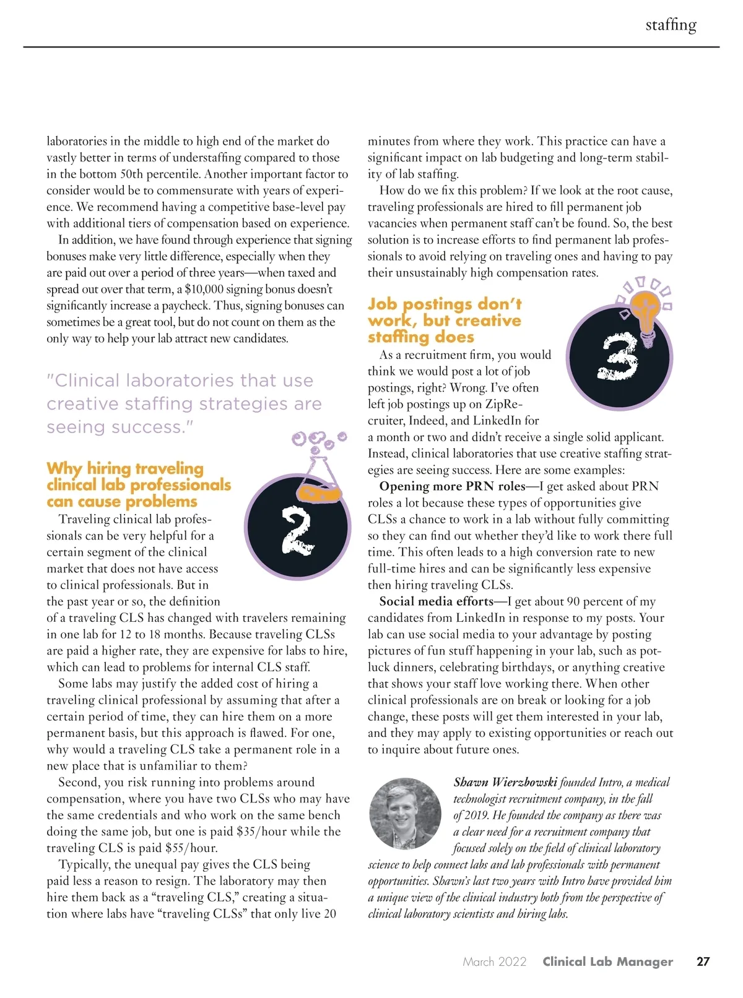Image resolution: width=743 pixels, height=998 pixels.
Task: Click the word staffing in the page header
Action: point(671,25)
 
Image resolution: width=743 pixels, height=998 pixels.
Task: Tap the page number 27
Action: point(703,961)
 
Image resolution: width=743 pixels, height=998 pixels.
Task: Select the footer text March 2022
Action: point(494,961)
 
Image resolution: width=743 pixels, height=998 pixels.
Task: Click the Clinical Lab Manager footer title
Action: point(607,961)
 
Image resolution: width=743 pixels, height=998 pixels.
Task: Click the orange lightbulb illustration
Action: point(645,313)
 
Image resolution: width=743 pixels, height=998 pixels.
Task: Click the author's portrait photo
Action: point(405,813)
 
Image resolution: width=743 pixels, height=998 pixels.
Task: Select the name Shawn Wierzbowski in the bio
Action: point(505,783)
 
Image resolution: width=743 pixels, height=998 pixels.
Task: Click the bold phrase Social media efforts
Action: point(436,601)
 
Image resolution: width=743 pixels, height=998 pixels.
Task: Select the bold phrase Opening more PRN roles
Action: point(452,486)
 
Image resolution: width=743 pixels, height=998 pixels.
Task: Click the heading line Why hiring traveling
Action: point(125,468)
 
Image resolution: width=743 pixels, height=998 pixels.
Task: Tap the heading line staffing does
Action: point(421,337)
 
